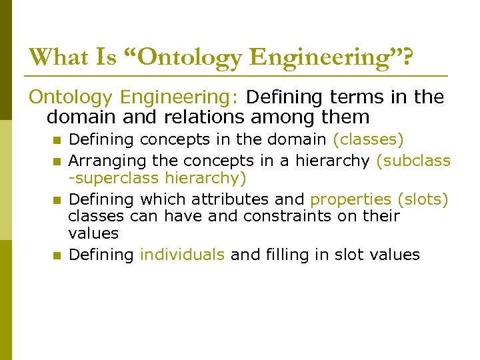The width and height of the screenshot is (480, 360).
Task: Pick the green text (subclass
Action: pos(414,161)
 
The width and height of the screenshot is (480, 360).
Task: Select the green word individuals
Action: pos(182,255)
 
